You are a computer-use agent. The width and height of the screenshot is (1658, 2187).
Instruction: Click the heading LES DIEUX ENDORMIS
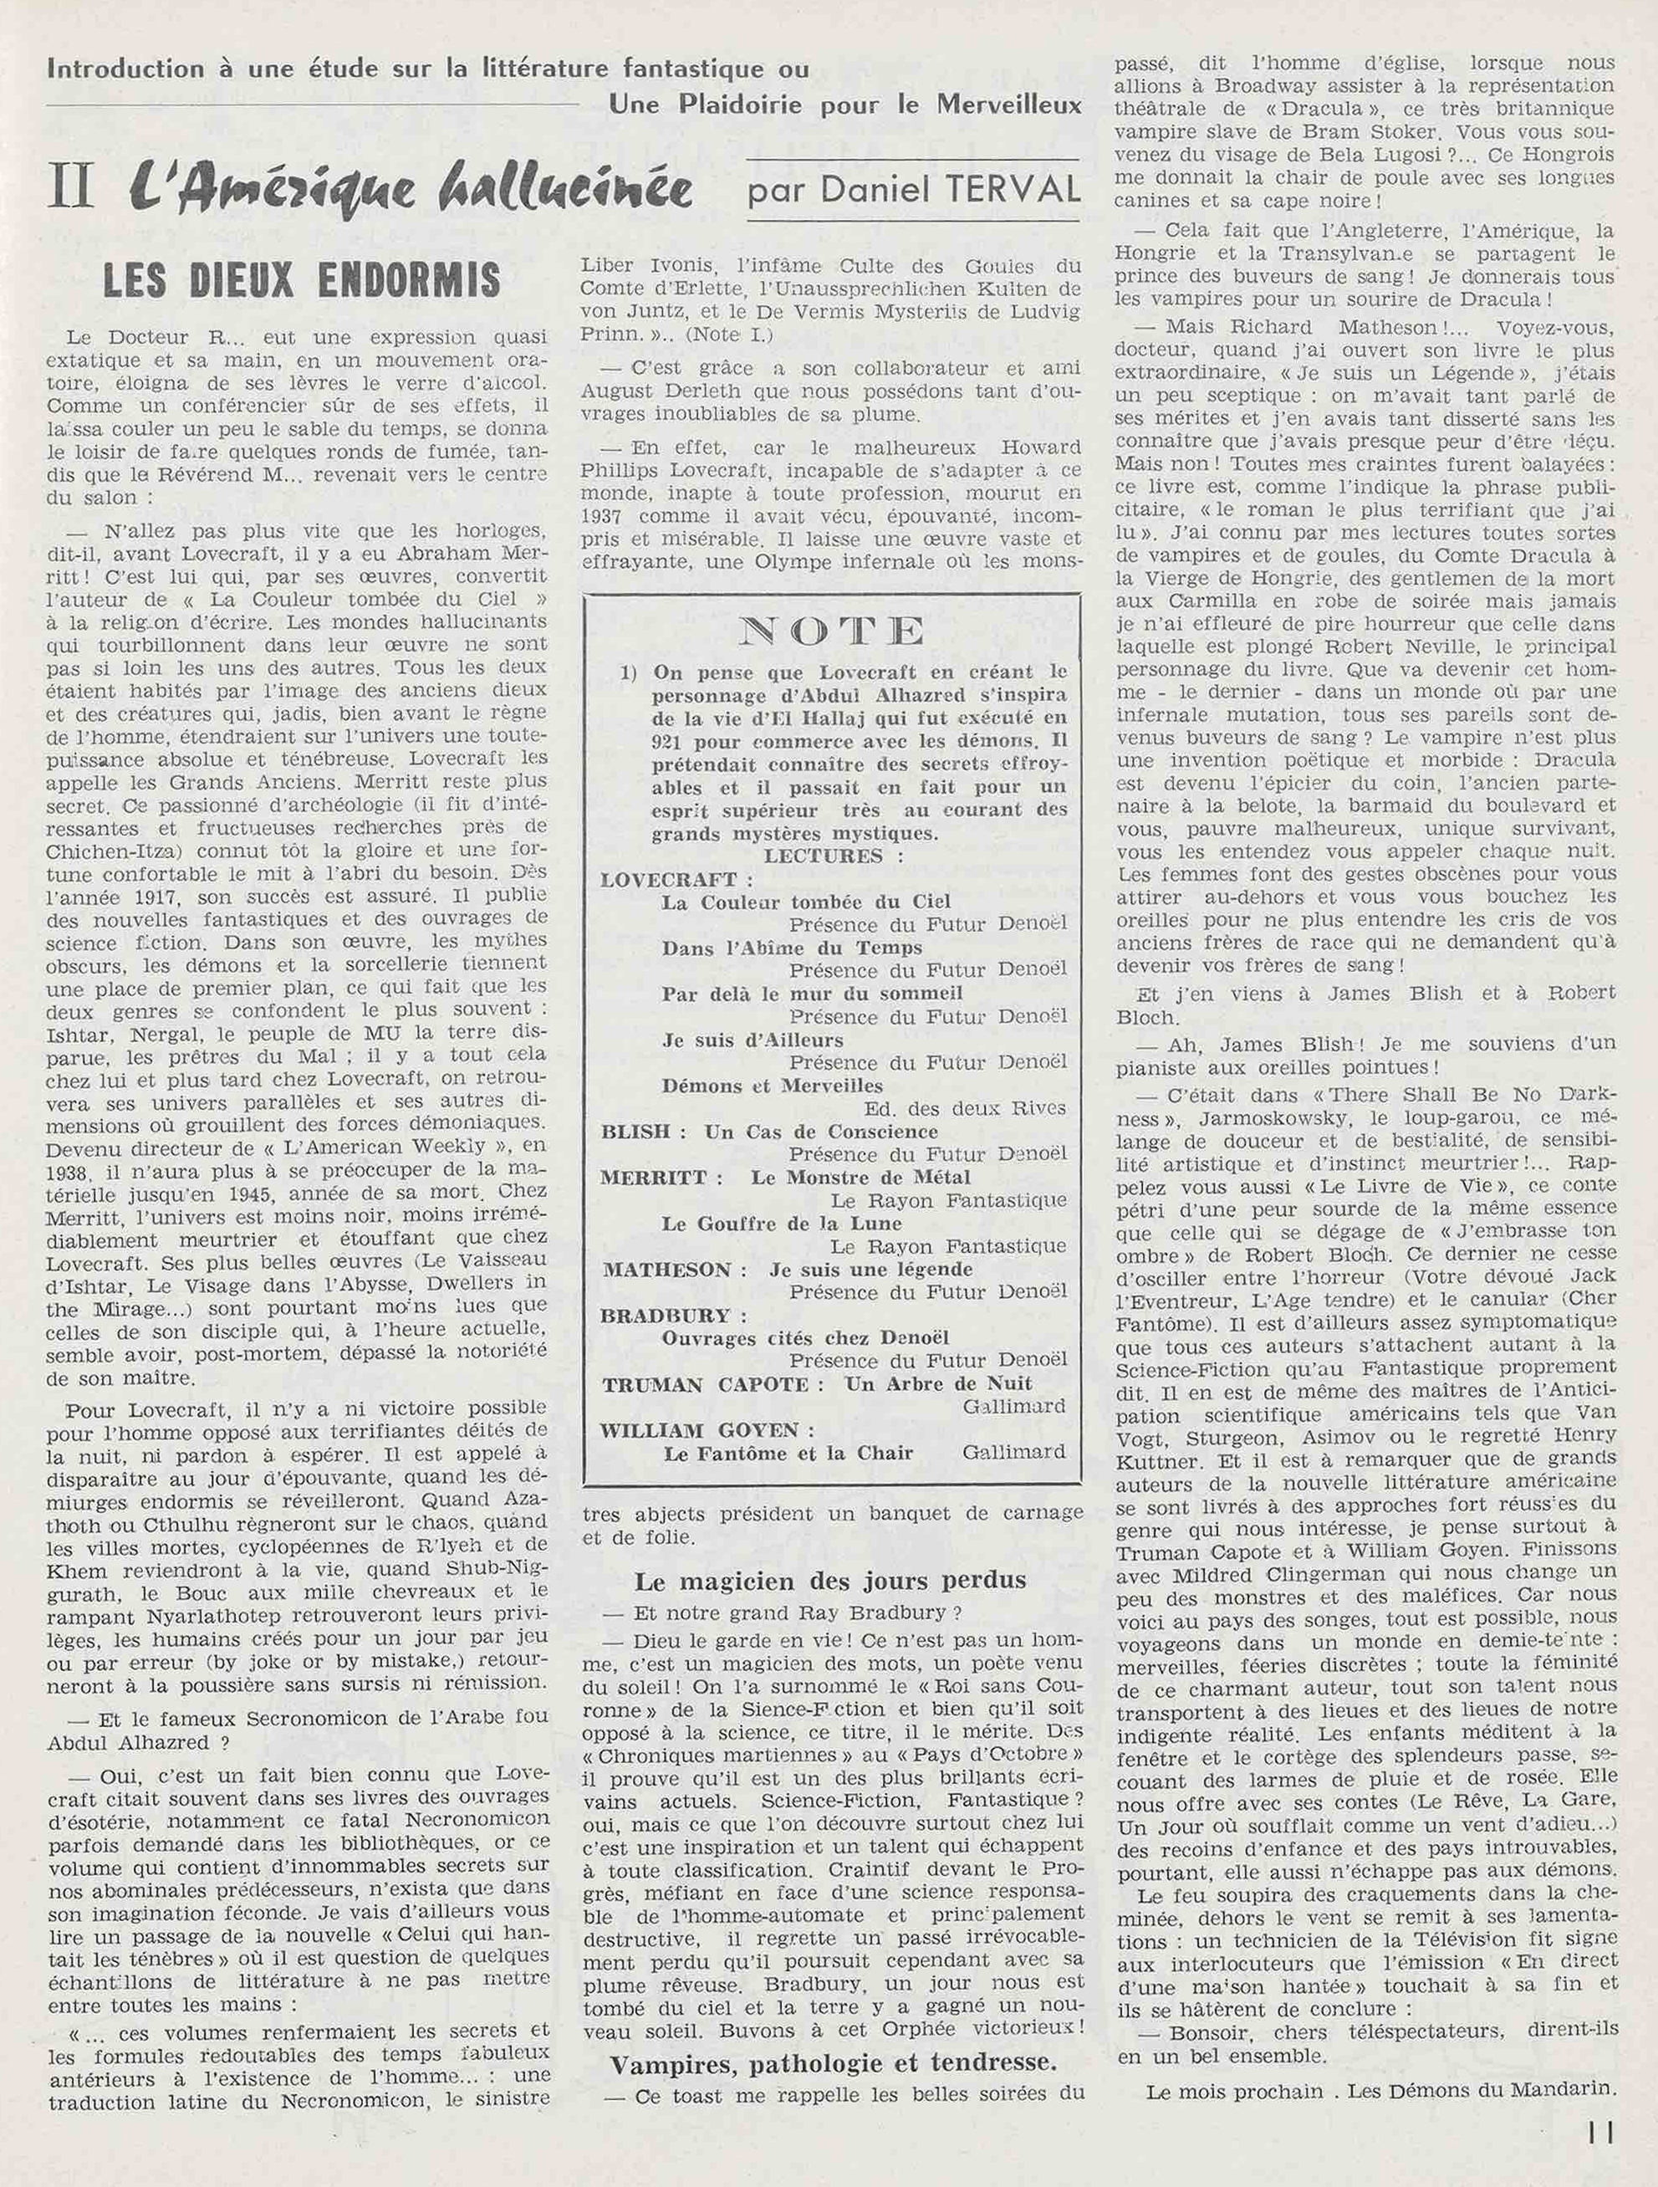pos(302,283)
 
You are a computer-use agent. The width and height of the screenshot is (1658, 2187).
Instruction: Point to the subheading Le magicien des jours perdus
pos(830,1580)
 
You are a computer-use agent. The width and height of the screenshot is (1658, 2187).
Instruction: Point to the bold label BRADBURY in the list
pos(666,1316)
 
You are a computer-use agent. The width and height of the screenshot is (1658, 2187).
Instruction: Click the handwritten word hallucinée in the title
pos(562,187)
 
